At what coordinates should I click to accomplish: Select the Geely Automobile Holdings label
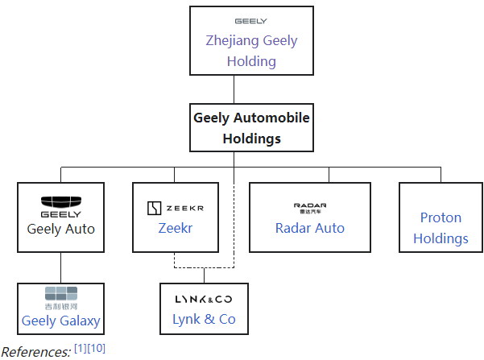point(251,127)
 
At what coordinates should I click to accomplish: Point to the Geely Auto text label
point(61,229)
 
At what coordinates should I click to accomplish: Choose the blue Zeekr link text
point(175,229)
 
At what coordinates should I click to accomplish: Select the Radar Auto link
point(310,228)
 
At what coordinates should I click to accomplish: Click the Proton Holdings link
point(441,228)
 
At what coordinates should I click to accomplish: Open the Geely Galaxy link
point(61,321)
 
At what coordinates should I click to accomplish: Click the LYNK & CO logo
point(204,299)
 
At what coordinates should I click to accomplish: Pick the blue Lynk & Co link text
point(204,319)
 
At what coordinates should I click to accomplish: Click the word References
point(35,351)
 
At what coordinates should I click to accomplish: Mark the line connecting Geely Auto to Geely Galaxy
point(61,268)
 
